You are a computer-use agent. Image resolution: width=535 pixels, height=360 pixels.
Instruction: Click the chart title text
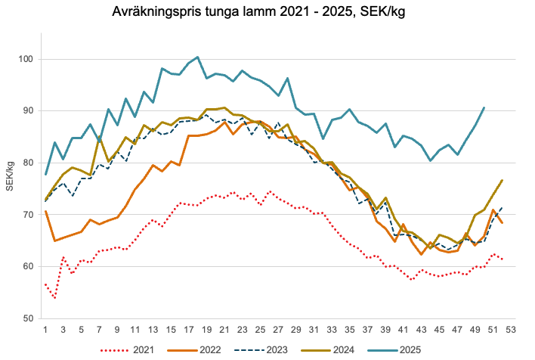coord(267,13)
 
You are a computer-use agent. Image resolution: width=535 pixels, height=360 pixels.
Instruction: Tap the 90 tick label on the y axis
coord(28,111)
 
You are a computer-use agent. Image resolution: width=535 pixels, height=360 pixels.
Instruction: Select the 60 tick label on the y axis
coord(28,267)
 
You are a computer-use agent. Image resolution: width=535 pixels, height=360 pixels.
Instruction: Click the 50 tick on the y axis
coord(28,318)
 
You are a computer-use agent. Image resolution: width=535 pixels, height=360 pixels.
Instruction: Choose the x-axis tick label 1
coord(46,330)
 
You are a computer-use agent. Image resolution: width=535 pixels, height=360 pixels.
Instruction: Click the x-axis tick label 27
coord(278,330)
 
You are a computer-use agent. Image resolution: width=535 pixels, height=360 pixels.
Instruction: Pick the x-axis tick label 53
coord(510,330)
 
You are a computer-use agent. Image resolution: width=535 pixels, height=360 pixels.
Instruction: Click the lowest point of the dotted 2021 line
coord(55,298)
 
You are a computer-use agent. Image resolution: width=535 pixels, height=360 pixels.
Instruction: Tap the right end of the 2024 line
coord(502,180)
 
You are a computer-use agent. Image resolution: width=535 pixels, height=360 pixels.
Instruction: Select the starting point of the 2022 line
coord(46,211)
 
